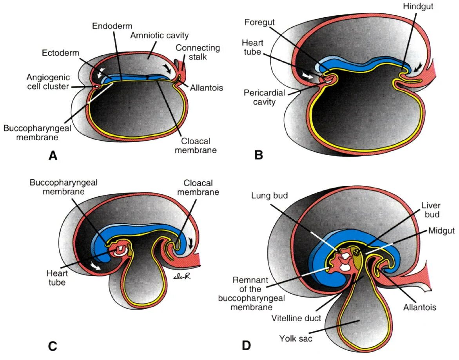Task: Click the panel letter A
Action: coord(53,156)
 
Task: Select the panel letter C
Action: coord(53,346)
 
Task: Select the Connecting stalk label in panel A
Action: coord(198,52)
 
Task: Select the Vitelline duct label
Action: coord(296,318)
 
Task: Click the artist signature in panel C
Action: coord(182,277)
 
